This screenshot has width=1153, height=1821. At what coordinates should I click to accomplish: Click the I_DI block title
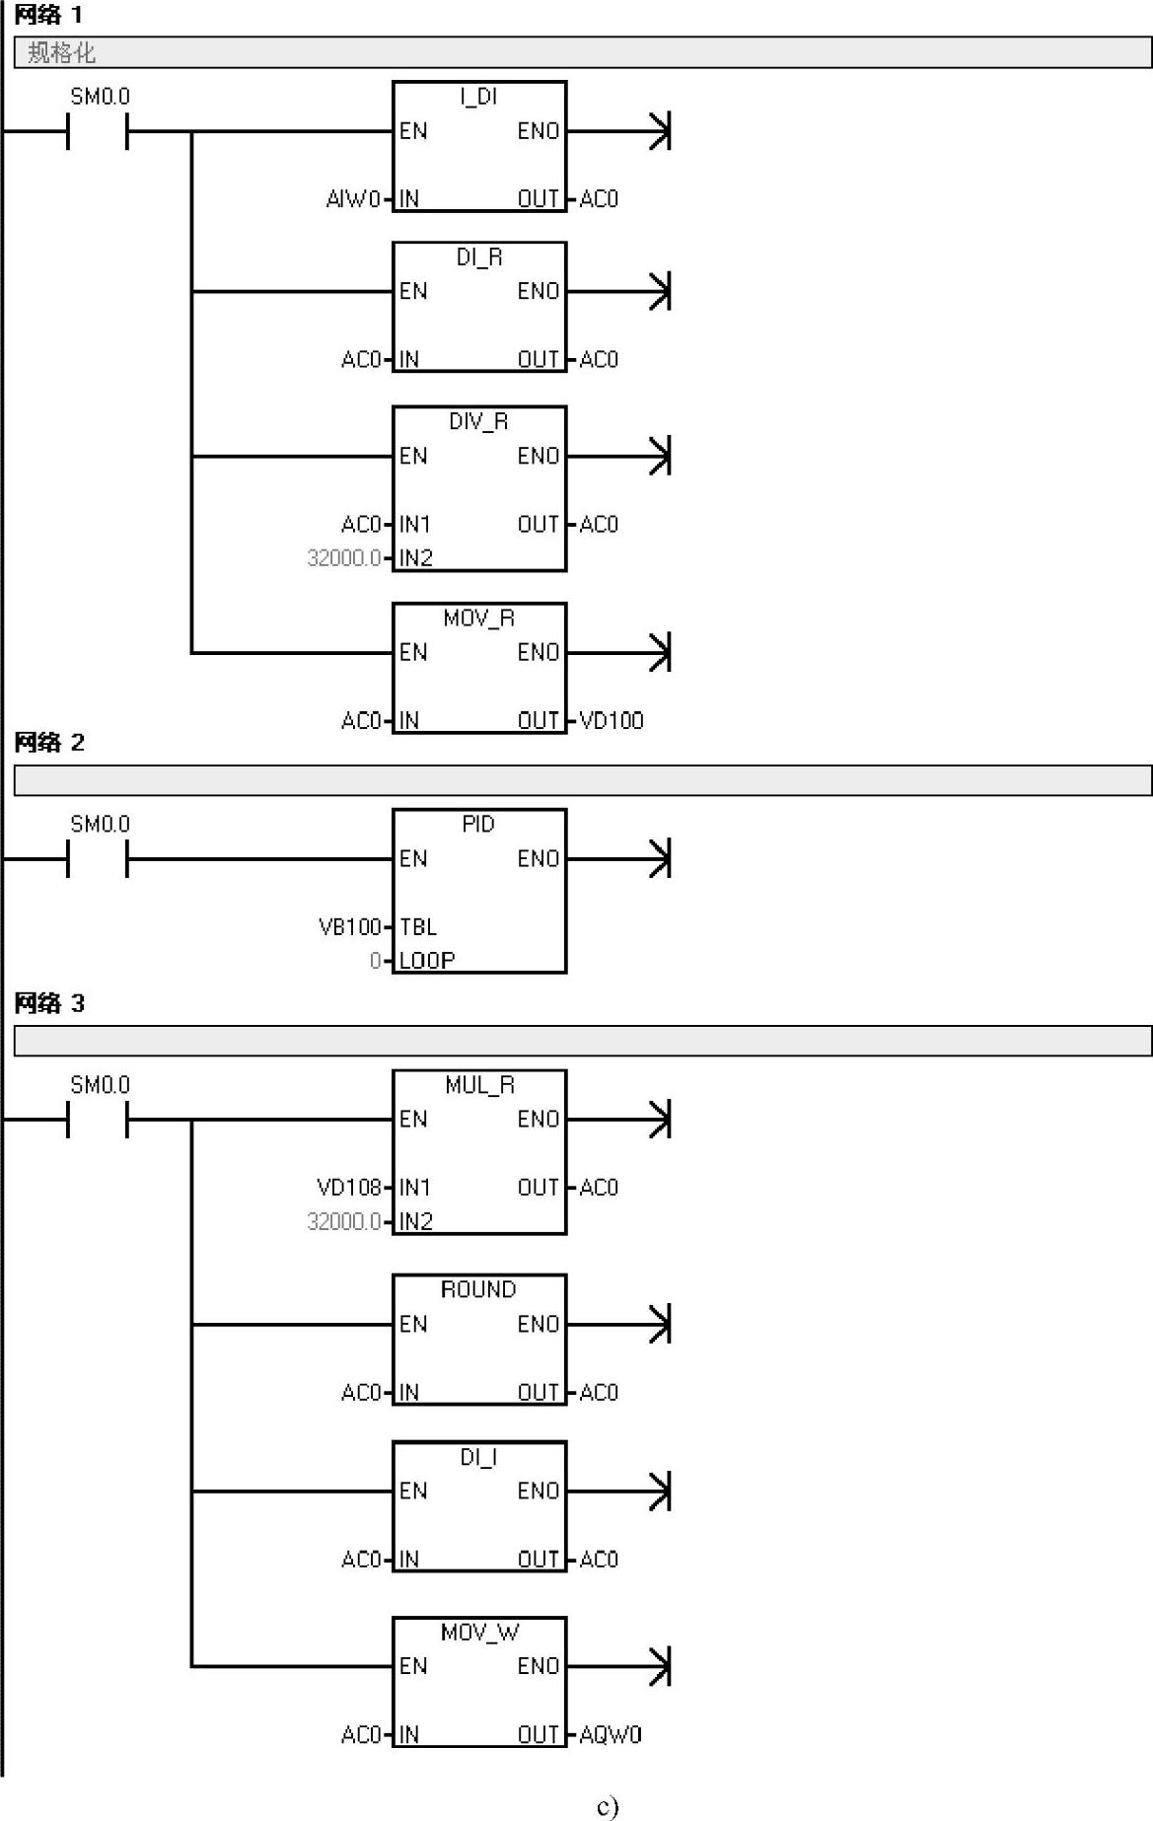point(478,97)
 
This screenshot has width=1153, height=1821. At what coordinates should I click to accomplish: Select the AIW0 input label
point(353,199)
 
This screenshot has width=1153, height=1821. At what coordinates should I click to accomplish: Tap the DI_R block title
point(478,257)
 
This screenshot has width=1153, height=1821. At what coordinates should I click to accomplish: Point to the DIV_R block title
point(478,422)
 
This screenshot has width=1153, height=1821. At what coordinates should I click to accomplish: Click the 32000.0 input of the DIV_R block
point(343,558)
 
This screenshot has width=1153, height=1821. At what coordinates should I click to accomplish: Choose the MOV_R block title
point(478,619)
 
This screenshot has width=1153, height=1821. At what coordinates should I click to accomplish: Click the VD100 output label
point(612,721)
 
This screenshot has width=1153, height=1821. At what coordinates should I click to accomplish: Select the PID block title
point(478,825)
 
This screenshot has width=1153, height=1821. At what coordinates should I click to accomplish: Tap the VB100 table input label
point(349,927)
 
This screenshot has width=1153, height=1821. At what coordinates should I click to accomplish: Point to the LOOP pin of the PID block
point(427,961)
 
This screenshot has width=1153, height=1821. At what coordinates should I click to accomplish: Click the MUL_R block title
point(479,1086)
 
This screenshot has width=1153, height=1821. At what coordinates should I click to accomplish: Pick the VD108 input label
point(348,1188)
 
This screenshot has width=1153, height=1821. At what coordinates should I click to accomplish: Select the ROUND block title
point(478,1290)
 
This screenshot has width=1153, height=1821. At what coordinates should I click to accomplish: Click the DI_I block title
point(478,1457)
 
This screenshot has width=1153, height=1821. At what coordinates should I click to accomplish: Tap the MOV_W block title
point(479,1633)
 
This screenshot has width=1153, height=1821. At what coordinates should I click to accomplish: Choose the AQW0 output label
point(611,1735)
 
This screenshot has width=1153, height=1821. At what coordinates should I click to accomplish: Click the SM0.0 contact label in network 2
point(100,825)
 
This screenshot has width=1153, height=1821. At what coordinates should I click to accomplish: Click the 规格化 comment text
point(61,52)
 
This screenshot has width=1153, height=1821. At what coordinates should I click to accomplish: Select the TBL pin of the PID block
point(418,927)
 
